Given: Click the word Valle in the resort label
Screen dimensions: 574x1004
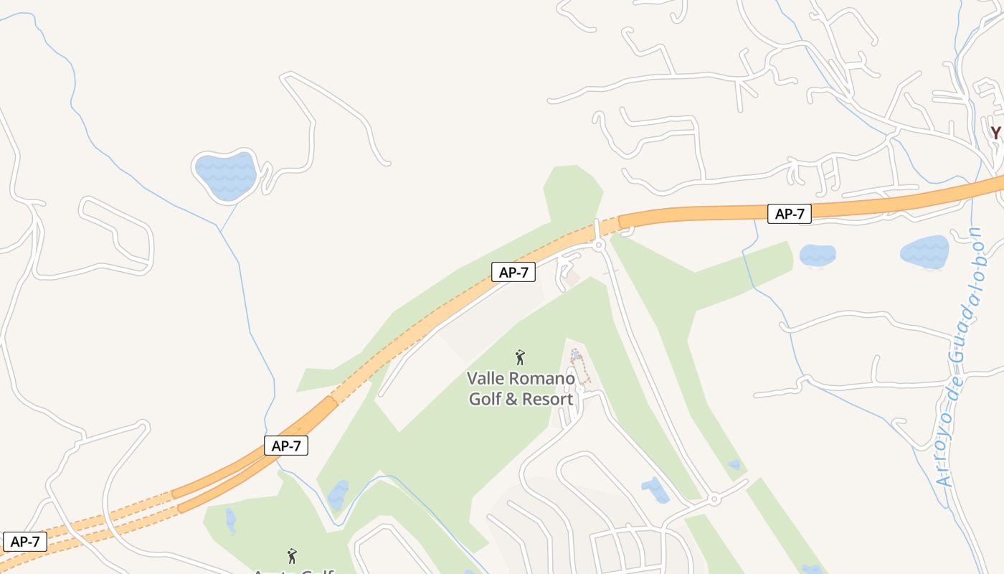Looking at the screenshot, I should click(484, 378).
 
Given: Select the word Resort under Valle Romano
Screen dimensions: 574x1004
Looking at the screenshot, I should click(549, 399).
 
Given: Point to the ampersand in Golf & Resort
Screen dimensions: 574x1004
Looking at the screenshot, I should click(511, 399).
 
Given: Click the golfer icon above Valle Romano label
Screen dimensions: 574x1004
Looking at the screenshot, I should click(521, 357).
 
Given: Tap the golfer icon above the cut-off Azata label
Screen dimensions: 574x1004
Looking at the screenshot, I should click(292, 556).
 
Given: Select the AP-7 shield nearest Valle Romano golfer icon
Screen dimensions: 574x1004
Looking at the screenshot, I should click(513, 272).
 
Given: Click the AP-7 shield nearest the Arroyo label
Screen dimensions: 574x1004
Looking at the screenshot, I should click(790, 214).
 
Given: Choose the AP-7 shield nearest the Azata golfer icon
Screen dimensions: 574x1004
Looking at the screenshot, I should click(286, 446).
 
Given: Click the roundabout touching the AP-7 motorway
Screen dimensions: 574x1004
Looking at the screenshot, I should click(600, 245).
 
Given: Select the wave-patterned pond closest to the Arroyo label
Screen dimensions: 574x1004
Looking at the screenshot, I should click(925, 251).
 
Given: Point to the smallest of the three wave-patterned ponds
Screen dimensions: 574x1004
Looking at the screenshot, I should click(818, 255).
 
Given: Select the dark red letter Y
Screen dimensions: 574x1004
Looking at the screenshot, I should click(995, 133).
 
